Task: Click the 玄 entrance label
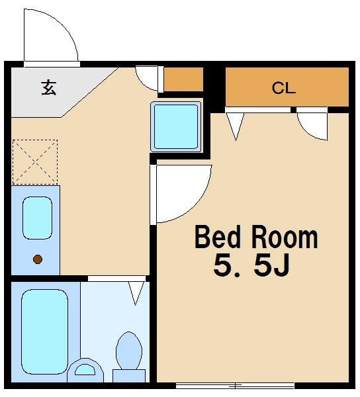pyautogui.click(x=48, y=87)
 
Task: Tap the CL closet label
pyautogui.click(x=283, y=88)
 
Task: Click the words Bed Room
pyautogui.click(x=256, y=238)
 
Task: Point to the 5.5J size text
pyautogui.click(x=251, y=265)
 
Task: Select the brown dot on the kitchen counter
pyautogui.click(x=38, y=259)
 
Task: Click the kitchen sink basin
pyautogui.click(x=38, y=218)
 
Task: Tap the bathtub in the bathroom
pyautogui.click(x=44, y=331)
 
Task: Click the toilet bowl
pyautogui.click(x=129, y=351)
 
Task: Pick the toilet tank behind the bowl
pyautogui.click(x=129, y=376)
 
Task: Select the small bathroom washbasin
pyautogui.click(x=85, y=371)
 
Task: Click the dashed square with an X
pyautogui.click(x=35, y=162)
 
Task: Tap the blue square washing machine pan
pyautogui.click(x=176, y=126)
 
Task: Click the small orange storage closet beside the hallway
pyautogui.click(x=183, y=79)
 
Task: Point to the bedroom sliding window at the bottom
pyautogui.click(x=235, y=386)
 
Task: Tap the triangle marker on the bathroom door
pyautogui.click(x=135, y=293)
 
